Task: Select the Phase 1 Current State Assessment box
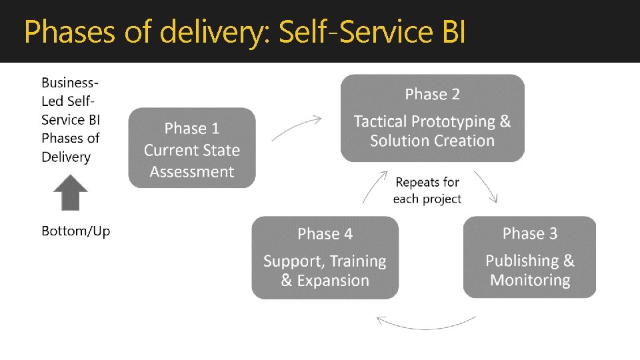[x=192, y=148]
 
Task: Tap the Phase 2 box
[x=432, y=118]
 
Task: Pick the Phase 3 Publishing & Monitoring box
[x=529, y=257]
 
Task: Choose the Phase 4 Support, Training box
[x=325, y=257]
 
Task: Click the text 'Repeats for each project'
[x=427, y=190]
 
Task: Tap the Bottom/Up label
[x=75, y=231]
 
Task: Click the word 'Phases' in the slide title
[x=65, y=32]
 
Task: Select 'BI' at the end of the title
[x=453, y=32]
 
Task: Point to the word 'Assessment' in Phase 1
[x=192, y=172]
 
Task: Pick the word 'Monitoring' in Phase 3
[x=530, y=280]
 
